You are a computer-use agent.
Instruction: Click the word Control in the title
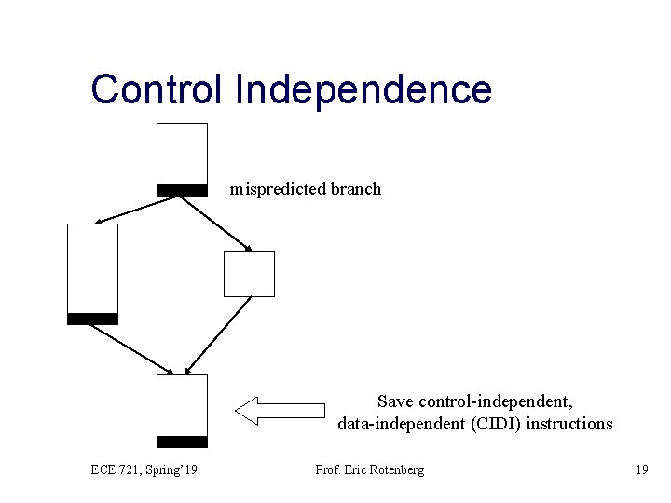point(156,89)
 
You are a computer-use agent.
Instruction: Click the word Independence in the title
point(363,89)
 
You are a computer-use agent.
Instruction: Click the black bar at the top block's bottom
point(182,190)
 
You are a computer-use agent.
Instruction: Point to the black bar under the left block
point(92,319)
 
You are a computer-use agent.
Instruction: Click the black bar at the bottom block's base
point(182,442)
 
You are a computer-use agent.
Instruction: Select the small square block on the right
point(250,274)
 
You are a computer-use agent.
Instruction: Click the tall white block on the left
point(92,267)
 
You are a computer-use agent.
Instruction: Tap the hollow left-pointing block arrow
point(279,410)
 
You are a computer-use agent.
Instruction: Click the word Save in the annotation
point(396,401)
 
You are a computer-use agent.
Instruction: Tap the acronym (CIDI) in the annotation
point(503,424)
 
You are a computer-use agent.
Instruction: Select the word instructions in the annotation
point(571,424)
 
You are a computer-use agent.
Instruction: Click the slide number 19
point(641,469)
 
